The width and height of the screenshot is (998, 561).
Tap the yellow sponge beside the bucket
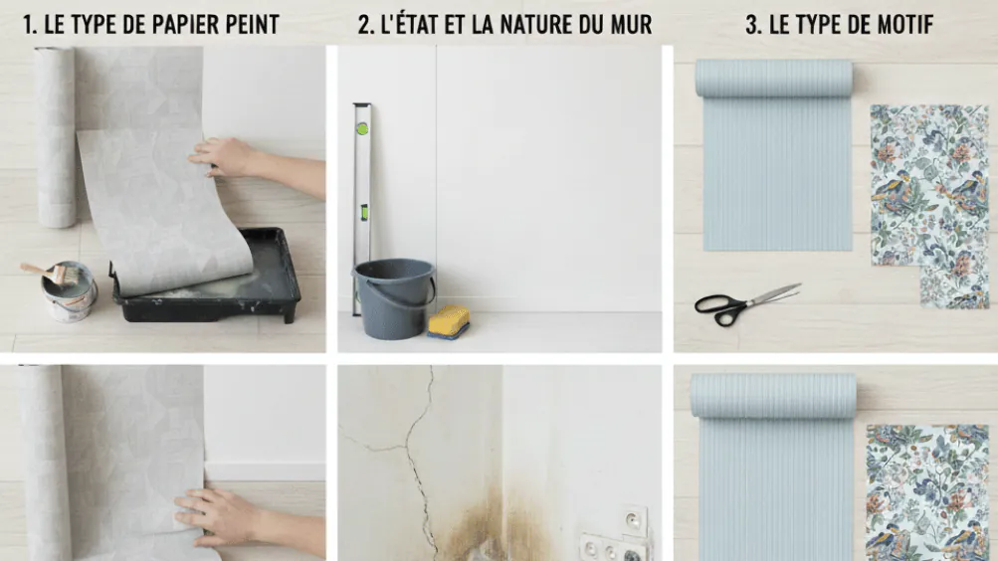449,320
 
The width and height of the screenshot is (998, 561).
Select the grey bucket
395,297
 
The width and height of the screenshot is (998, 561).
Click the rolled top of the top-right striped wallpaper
773,78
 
